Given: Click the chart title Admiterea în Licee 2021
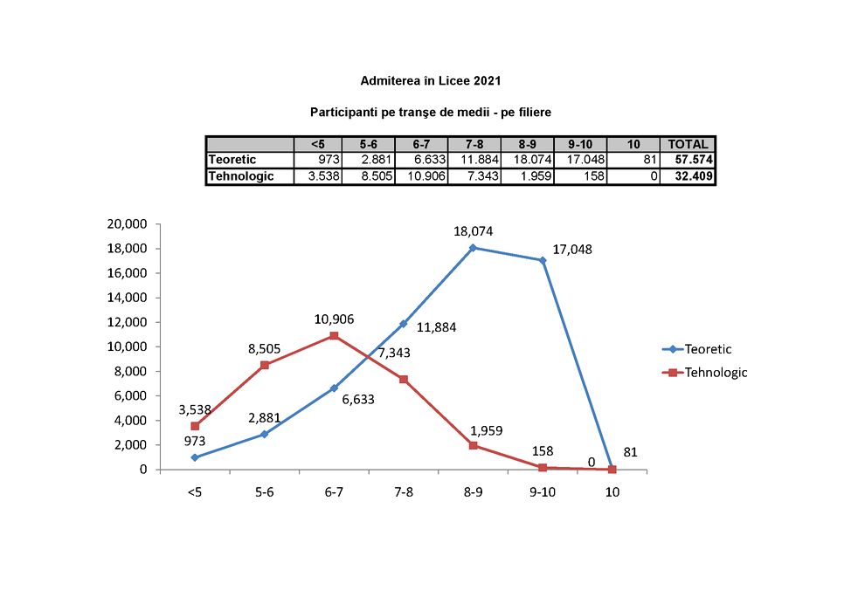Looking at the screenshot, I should point(431,81).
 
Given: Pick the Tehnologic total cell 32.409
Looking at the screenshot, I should point(689,176).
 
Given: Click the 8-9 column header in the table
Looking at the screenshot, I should point(527,145).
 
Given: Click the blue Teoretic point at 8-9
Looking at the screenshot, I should point(474,248).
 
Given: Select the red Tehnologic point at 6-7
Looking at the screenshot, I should point(334,336).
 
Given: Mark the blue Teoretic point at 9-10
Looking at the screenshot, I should point(543,260).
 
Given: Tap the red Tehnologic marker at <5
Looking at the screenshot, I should point(195,426).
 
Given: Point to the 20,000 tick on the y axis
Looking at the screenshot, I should point(128,223).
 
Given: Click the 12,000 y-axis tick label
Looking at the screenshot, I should point(128,322).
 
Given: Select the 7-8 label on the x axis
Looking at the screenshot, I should point(404,492).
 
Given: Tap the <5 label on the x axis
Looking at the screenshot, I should point(194,492).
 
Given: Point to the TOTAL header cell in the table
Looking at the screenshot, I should point(689,145).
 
